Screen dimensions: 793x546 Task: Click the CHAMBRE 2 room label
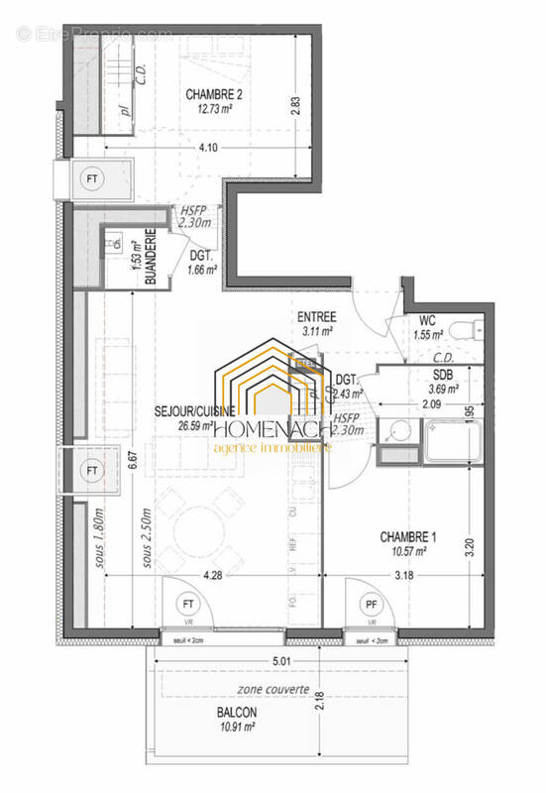point(214,95)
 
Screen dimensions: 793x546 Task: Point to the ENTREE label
point(317,317)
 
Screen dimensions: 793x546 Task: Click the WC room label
point(428,321)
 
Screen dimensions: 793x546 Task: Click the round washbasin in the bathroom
point(401,431)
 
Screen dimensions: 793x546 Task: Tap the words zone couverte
point(273,689)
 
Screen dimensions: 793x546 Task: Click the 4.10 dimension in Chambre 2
point(209,149)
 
